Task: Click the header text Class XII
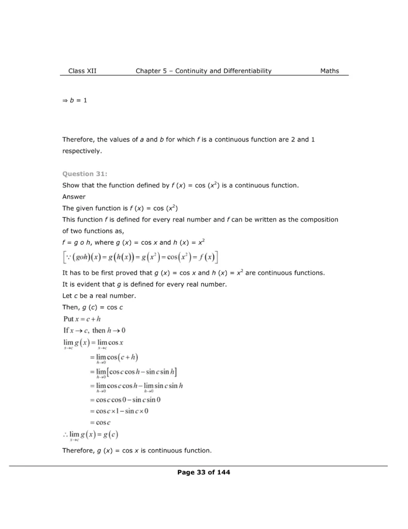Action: (82, 71)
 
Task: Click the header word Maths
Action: (330, 71)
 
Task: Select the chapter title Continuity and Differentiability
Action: (223, 71)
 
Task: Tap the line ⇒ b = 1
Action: (75, 100)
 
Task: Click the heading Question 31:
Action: (85, 174)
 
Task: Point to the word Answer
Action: (74, 197)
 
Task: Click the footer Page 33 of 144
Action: (204, 472)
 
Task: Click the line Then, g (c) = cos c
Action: (92, 307)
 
